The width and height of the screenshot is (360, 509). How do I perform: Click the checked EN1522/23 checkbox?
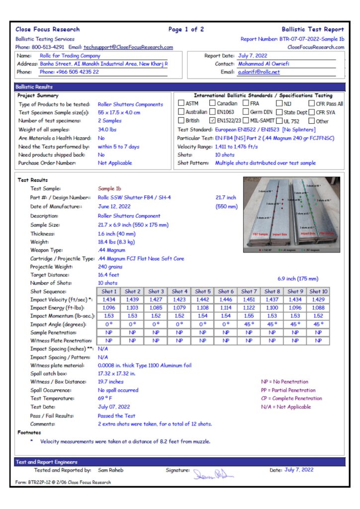click(x=212, y=120)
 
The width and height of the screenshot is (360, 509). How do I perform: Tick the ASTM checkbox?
click(x=181, y=103)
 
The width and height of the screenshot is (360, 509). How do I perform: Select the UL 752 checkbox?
click(x=280, y=120)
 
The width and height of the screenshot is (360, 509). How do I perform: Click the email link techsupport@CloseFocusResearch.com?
click(x=128, y=47)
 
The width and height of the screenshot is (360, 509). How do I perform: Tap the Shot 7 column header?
click(x=249, y=291)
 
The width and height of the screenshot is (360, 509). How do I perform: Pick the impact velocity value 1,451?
click(x=249, y=300)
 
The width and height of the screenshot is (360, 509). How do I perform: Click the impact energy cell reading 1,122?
click(x=249, y=308)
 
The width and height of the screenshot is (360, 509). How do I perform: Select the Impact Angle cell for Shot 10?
click(x=318, y=324)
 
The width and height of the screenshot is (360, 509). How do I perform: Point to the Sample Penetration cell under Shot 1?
click(x=109, y=333)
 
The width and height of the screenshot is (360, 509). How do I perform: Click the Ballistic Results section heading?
click(x=34, y=86)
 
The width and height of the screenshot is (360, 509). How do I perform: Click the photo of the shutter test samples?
click(x=291, y=215)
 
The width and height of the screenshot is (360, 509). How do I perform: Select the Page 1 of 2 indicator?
click(x=186, y=29)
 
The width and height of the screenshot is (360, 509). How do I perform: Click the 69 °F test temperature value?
click(x=105, y=399)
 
